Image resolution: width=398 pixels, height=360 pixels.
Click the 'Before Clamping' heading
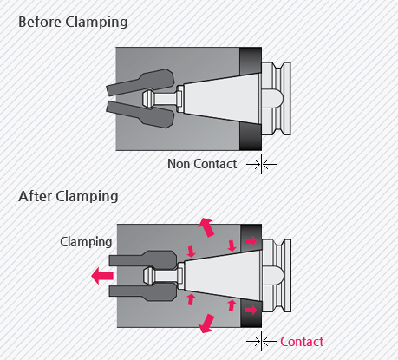73,23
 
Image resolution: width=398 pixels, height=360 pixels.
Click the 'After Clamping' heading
69,196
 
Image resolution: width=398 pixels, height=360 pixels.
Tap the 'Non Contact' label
202,164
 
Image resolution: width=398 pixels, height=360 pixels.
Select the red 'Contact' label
302,342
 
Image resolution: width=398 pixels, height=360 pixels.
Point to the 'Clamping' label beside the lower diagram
86,242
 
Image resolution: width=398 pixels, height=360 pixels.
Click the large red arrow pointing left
102,276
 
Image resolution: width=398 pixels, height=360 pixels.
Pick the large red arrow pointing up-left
206,227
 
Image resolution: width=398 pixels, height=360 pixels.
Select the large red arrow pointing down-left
206,324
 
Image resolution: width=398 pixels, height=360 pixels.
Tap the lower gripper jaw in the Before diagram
140,115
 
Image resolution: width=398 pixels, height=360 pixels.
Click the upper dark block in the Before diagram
251,61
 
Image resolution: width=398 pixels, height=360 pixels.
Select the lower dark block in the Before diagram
251,136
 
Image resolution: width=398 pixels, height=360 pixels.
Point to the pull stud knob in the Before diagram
149,99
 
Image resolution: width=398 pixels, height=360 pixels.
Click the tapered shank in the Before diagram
223,99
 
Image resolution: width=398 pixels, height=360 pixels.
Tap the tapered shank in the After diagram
223,276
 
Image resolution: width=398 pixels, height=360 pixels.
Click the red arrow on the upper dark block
251,241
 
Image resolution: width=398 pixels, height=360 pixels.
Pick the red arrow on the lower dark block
251,311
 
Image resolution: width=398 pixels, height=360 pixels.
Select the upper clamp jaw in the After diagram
142,260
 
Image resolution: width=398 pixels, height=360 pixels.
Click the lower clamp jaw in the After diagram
142,291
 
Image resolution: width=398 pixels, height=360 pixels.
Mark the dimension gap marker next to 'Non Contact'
261,165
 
